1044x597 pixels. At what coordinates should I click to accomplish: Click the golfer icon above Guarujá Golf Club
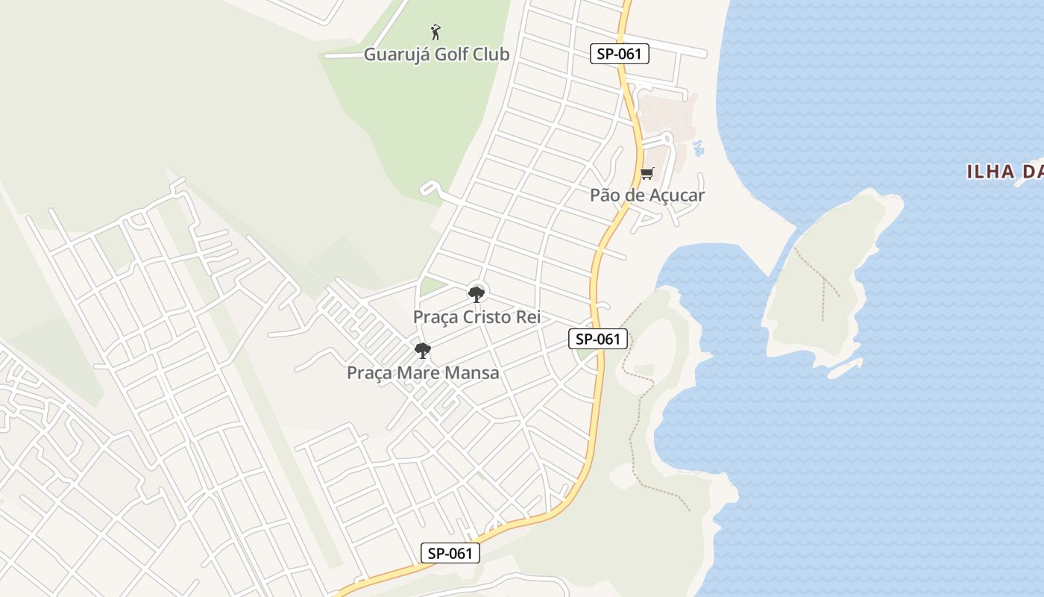tap(436, 32)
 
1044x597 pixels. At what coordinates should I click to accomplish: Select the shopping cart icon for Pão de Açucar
tap(647, 174)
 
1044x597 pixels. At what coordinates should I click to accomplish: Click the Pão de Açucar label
tap(647, 196)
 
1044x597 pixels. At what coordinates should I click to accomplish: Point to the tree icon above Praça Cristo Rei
tap(477, 294)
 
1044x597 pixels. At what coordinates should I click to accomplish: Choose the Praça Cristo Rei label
tap(477, 317)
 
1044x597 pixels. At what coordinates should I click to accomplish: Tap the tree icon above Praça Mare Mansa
tap(423, 350)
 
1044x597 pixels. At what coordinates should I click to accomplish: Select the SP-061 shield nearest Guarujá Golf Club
tap(620, 54)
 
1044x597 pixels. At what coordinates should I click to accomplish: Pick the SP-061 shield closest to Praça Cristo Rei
tap(598, 339)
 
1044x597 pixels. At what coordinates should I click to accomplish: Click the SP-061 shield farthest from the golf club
tap(450, 553)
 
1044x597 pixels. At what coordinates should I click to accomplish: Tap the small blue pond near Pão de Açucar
tap(698, 148)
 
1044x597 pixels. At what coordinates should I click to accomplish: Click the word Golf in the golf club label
tap(448, 54)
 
